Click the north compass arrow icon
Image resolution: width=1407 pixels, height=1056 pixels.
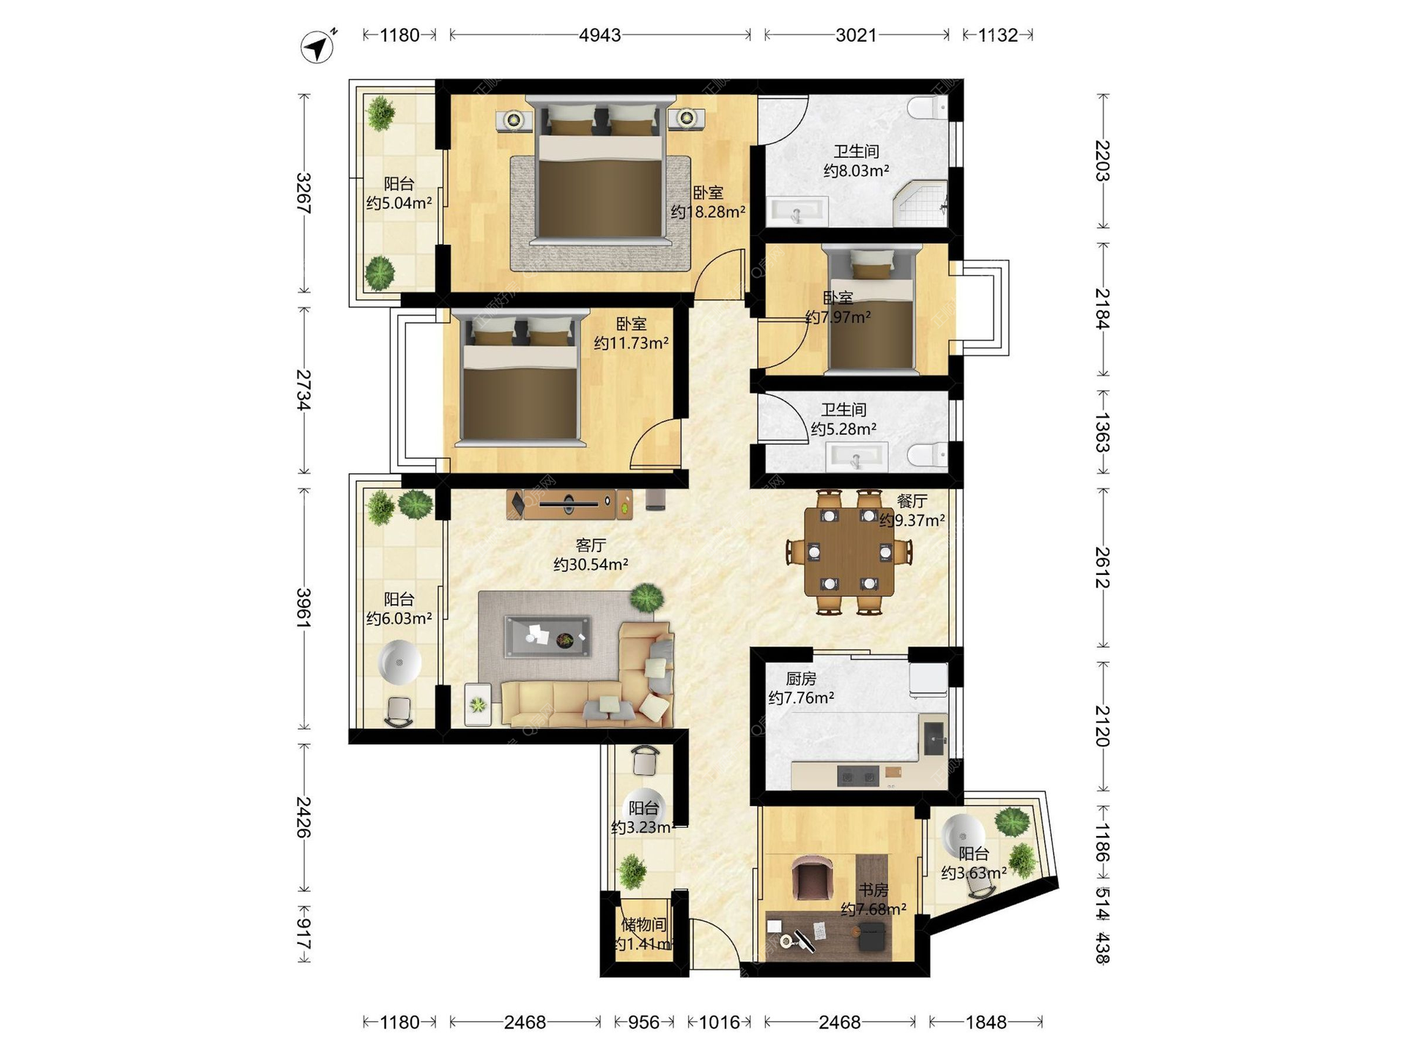tap(317, 47)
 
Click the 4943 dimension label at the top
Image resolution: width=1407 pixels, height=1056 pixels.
tap(599, 35)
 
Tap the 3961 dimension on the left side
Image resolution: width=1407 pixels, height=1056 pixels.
tap(303, 608)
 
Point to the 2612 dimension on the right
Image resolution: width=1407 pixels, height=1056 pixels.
tap(1102, 568)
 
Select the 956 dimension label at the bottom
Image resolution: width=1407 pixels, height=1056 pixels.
tap(643, 1022)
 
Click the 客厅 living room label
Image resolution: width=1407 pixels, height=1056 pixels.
tap(591, 546)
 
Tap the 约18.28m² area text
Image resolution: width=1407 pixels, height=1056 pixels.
tap(708, 212)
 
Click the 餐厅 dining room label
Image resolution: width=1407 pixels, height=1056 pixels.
tap(912, 502)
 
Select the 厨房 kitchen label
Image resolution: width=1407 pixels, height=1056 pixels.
tap(801, 679)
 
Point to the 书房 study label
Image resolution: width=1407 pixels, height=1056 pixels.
tap(874, 890)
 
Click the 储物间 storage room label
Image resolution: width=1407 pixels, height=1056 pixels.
tap(643, 925)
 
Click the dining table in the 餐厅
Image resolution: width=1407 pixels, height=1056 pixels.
tap(849, 551)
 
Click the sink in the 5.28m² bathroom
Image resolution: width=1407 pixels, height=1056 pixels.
tap(857, 458)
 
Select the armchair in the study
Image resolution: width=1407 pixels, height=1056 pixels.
tap(812, 876)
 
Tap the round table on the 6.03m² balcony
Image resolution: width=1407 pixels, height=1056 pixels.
tap(399, 662)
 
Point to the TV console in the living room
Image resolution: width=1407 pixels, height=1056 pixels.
tap(569, 504)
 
